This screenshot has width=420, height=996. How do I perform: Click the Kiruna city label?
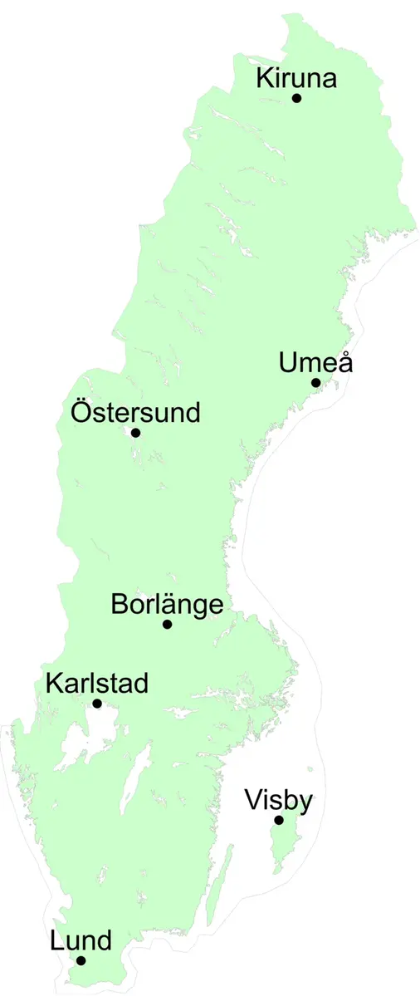[296, 79]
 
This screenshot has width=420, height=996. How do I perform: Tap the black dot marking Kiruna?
[296, 98]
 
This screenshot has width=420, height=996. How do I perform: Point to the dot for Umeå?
[315, 383]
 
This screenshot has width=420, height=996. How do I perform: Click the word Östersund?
[135, 412]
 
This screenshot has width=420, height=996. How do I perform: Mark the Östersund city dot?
[135, 433]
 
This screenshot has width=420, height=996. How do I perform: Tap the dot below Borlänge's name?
[167, 625]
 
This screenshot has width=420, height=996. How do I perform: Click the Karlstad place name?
[97, 684]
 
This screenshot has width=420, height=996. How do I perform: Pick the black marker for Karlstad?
[97, 704]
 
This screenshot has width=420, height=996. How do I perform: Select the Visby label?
[279, 802]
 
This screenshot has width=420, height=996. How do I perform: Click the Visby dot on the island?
[279, 821]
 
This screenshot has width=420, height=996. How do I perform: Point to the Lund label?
[81, 941]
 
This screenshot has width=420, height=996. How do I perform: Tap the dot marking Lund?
[81, 960]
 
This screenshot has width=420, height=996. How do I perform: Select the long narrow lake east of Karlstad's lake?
[134, 781]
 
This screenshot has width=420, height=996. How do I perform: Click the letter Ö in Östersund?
[81, 411]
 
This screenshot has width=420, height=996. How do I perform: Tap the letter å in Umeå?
[341, 363]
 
